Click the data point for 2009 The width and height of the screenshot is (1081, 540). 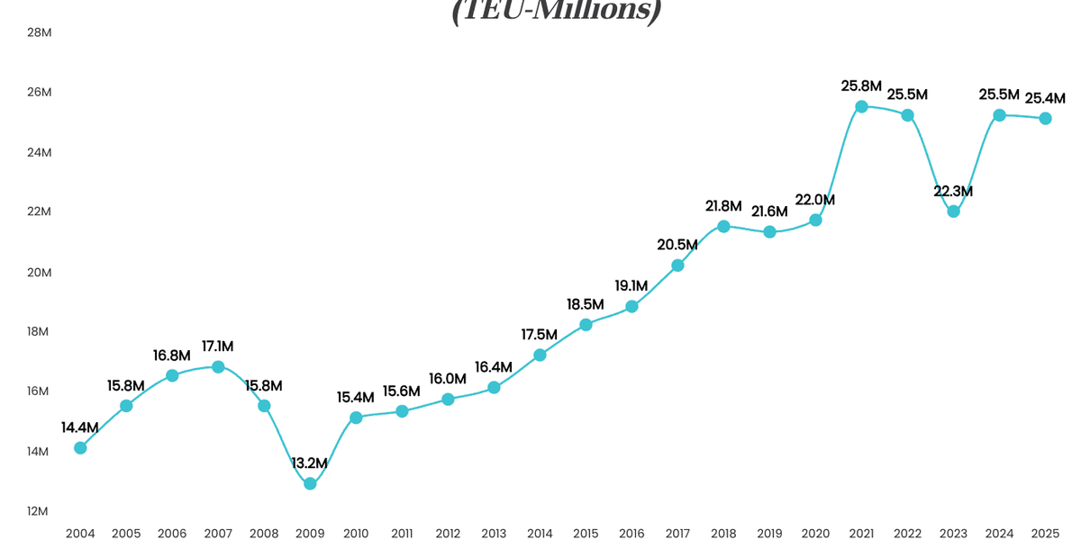[310, 483]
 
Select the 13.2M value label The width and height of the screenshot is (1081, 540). [310, 463]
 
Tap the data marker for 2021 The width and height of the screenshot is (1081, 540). [861, 106]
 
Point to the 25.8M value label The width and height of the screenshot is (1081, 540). [861, 86]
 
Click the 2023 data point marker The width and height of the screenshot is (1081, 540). [953, 211]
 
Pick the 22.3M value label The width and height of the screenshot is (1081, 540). [953, 192]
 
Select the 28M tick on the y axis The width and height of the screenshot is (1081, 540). [39, 32]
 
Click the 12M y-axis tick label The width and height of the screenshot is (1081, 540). [39, 511]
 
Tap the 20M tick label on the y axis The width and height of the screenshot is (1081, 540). [39, 272]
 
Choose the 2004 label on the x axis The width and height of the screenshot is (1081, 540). [80, 533]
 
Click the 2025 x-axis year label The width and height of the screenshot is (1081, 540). [1045, 533]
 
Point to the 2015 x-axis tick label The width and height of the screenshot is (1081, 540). [586, 533]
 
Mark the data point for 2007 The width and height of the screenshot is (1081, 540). [218, 366]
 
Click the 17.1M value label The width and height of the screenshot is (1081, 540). [218, 346]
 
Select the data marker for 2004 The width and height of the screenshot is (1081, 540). [80, 447]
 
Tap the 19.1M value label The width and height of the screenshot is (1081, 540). [631, 286]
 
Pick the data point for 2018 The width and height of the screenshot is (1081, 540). [723, 226]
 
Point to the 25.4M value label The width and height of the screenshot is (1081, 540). [1045, 98]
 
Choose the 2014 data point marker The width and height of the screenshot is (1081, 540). [540, 355]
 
